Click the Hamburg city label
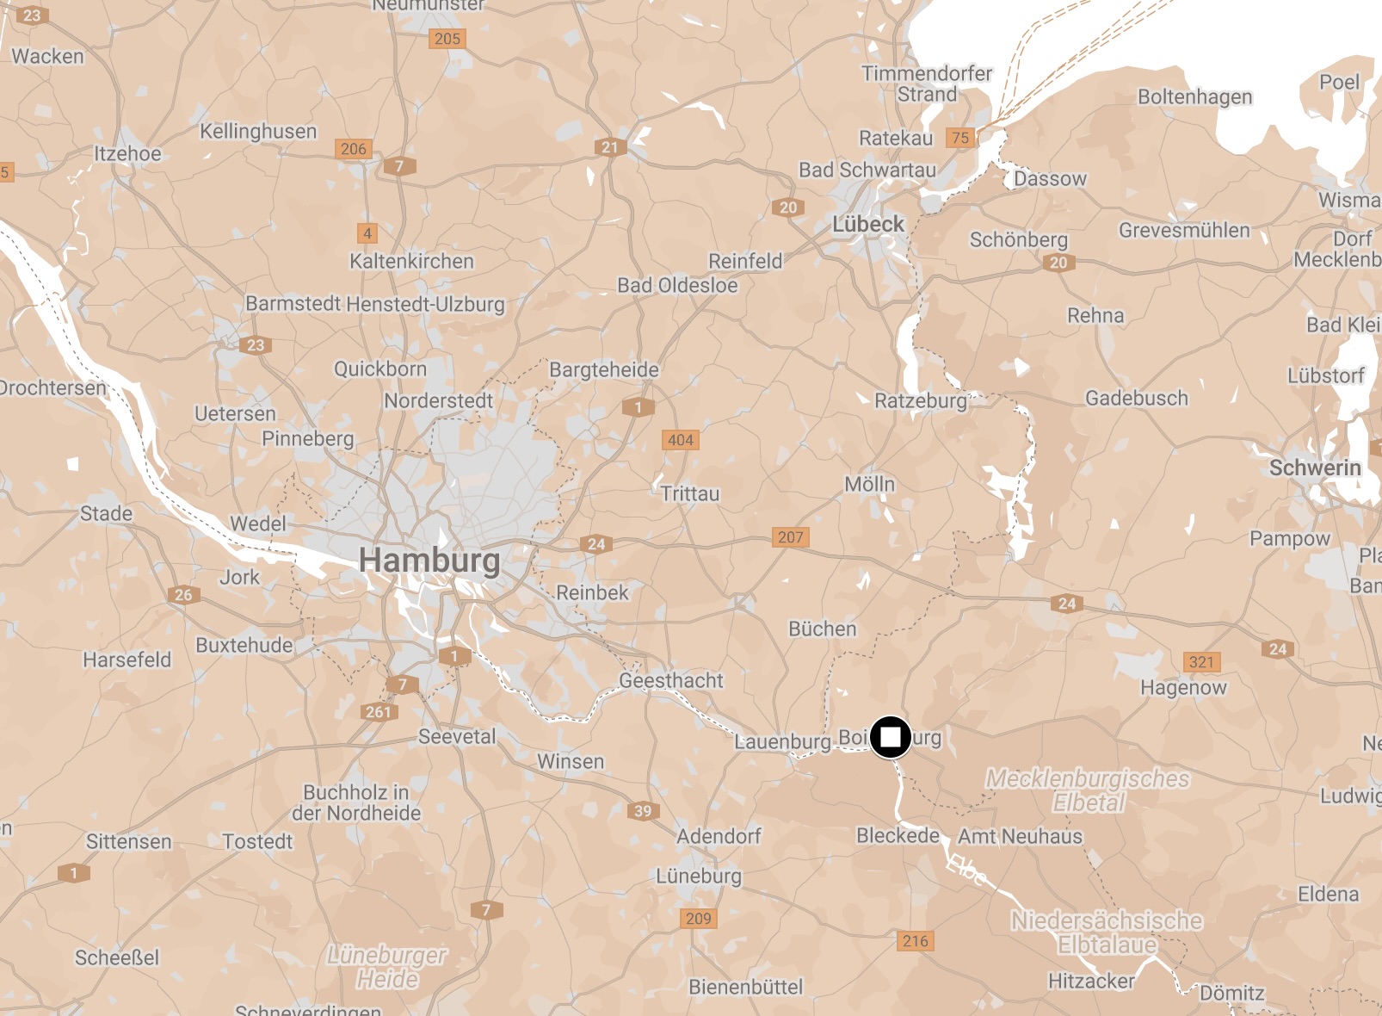[x=429, y=560]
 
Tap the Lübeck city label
[x=867, y=225]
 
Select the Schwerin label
[x=1315, y=468]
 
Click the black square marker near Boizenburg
[x=890, y=738]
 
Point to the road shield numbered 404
[x=680, y=440]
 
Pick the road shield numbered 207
[x=790, y=537]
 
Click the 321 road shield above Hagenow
[x=1201, y=662]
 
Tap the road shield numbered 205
[x=447, y=39]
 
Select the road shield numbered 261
[x=378, y=712]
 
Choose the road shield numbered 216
[x=915, y=941]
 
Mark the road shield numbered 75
[x=960, y=138]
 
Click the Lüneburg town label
[x=698, y=877]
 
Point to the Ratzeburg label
[x=920, y=400]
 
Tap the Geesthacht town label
[x=671, y=680]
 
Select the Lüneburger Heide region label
[x=387, y=967]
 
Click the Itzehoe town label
[x=127, y=154]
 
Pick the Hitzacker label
[x=1090, y=981]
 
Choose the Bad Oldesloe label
[x=677, y=285]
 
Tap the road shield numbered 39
[x=643, y=810]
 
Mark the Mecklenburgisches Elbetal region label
[x=1088, y=790]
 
